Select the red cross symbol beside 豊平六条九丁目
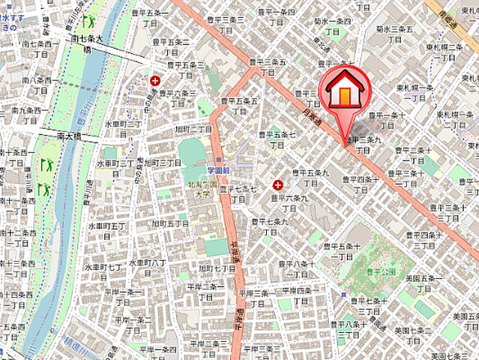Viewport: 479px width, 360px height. click(x=279, y=184)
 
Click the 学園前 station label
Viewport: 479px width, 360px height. click(x=217, y=170)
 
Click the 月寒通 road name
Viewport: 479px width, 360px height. click(x=310, y=115)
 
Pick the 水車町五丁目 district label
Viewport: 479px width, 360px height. click(x=103, y=230)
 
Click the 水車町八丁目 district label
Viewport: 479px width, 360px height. click(x=146, y=268)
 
